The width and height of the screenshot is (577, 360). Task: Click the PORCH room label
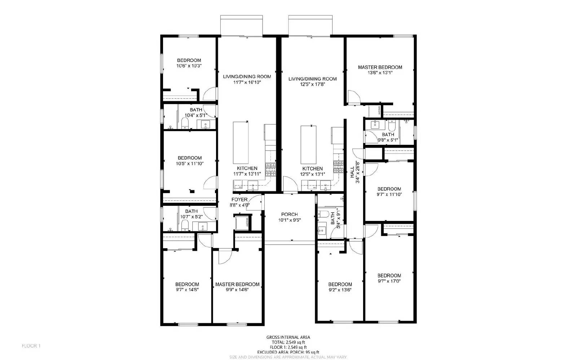tap(289, 214)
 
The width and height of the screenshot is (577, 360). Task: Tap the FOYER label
tap(239, 200)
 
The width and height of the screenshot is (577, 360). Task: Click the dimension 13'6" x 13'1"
tap(380, 72)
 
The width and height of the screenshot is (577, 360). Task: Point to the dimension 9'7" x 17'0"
tap(389, 281)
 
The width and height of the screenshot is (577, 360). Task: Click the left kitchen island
tap(241, 143)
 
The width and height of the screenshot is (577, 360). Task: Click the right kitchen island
tap(308, 145)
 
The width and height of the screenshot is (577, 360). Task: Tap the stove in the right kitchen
tap(339, 166)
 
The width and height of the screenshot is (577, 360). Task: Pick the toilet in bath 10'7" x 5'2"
tap(185, 226)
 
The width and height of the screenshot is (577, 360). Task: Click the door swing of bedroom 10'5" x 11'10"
tap(210, 183)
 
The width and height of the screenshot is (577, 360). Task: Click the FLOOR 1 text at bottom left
tap(31, 346)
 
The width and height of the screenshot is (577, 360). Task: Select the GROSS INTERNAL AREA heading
tap(288, 337)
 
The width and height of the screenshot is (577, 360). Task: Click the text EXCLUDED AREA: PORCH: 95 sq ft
tap(288, 352)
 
